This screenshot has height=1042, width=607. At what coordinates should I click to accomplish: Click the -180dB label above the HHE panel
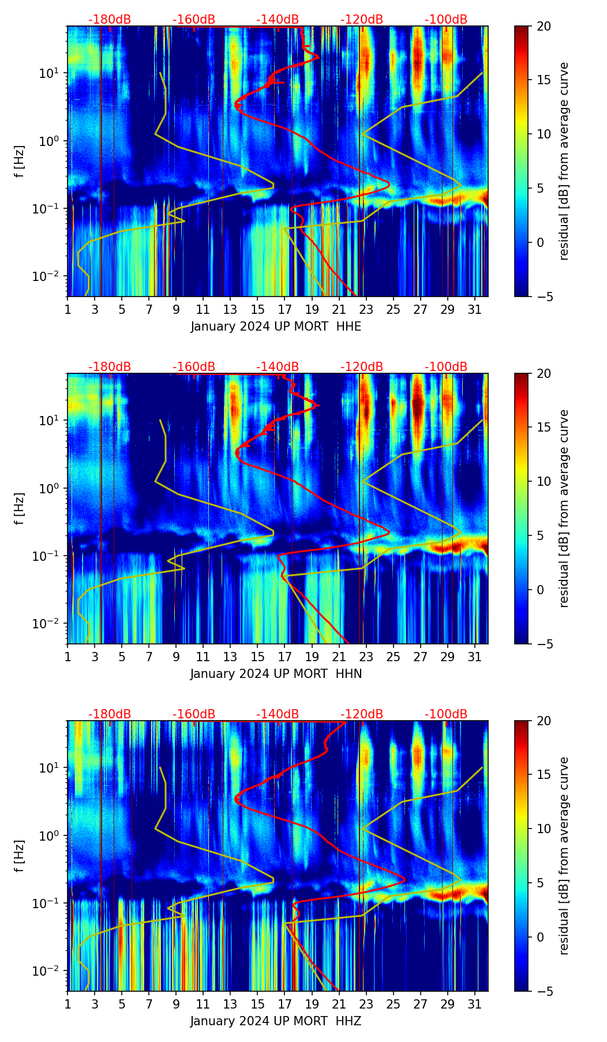pyautogui.click(x=110, y=20)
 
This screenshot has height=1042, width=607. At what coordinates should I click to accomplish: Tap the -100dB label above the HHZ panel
pyautogui.click(x=446, y=714)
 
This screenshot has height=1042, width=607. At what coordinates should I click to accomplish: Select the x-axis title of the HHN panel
pyautogui.click(x=276, y=673)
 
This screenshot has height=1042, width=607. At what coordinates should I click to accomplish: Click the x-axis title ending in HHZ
pyautogui.click(x=276, y=1021)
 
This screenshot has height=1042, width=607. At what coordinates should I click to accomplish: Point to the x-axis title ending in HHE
pyautogui.click(x=276, y=327)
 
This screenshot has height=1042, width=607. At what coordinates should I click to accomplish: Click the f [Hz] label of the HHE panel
pyautogui.click(x=20, y=161)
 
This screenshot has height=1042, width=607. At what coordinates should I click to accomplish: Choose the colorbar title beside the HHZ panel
pyautogui.click(x=564, y=856)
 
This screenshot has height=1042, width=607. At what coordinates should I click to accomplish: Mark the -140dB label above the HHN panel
pyautogui.click(x=278, y=367)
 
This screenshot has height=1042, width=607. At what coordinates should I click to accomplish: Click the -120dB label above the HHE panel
pyautogui.click(x=362, y=20)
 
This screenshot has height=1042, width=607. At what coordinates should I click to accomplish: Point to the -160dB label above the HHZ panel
pyautogui.click(x=194, y=714)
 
